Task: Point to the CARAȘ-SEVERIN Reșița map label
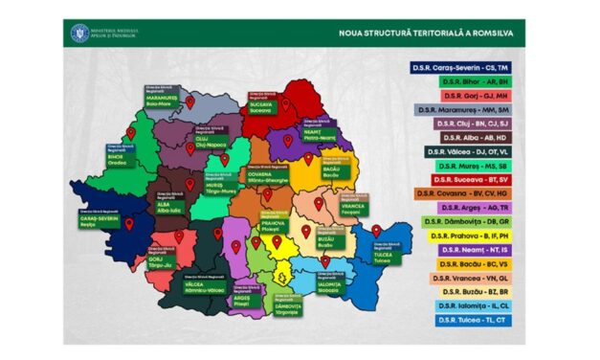coord(100,220)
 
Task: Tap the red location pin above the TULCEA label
coord(377,231)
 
